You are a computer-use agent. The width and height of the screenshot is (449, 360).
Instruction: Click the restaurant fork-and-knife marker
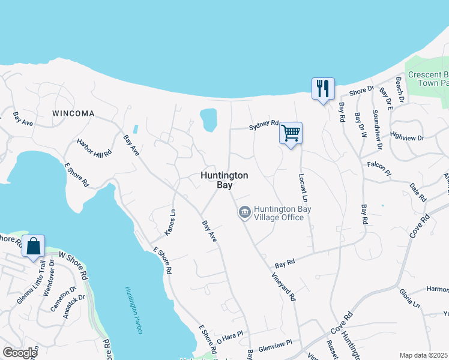[323, 89]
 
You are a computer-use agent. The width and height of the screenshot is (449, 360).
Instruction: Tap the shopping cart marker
[291, 133]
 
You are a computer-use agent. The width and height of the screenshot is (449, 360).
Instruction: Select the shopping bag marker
[33, 246]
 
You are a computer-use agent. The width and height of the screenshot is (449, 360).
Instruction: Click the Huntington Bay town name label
[224, 180]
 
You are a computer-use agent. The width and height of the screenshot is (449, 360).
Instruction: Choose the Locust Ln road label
[303, 187]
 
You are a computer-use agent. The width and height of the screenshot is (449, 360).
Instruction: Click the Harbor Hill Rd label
[94, 148]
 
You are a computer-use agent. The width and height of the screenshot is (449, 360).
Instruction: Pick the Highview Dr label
[407, 137]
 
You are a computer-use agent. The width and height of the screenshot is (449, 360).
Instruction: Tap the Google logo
[20, 353]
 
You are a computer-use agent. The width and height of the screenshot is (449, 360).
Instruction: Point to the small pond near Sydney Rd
[208, 119]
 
